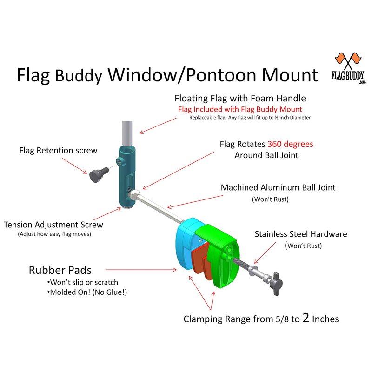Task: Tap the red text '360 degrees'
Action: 290,144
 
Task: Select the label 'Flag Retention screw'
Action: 58,150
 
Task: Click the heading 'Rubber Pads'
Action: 60,270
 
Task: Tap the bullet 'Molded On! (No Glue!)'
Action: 88,292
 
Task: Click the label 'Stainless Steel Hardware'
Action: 301,234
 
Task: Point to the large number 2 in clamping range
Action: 306,318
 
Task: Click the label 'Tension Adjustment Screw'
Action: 53,225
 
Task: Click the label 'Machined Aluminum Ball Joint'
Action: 278,188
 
